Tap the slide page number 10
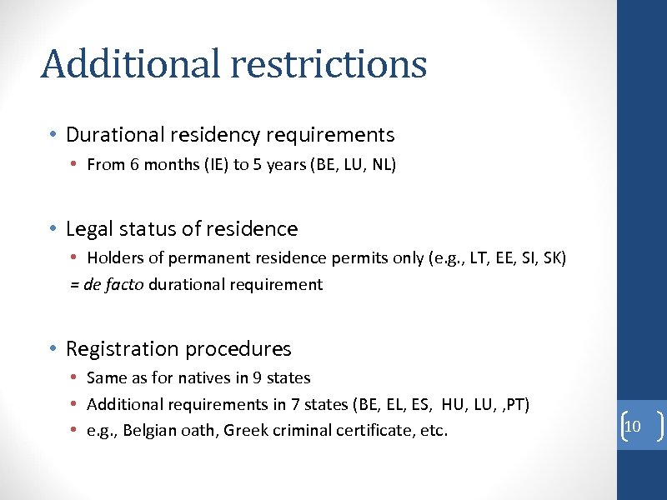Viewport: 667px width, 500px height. [632, 427]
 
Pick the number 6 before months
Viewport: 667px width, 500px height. [134, 165]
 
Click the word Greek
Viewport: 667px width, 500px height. [247, 431]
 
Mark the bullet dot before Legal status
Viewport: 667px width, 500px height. [53, 229]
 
